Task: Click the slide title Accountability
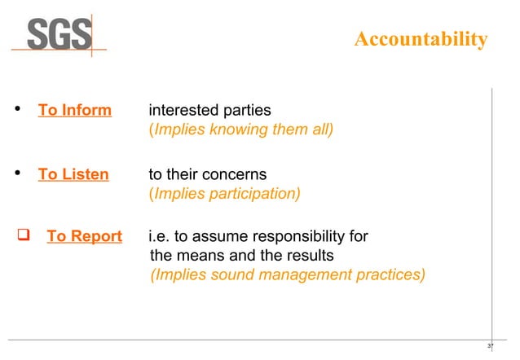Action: click(x=421, y=40)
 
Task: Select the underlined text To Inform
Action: click(x=75, y=110)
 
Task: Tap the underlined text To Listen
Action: click(x=73, y=174)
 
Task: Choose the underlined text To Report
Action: click(x=84, y=237)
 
